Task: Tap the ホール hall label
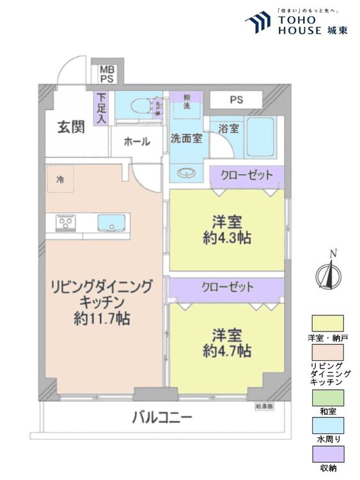pos(137,141)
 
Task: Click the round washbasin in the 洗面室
pos(186,173)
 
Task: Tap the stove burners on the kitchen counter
pos(65,223)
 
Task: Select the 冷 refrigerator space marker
pos(59,179)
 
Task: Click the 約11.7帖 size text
pos(102,318)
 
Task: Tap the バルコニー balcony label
pos(162,419)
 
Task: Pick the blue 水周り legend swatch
pos(327,426)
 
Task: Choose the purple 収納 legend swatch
pos(327,454)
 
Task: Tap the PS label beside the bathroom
pos(236,100)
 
